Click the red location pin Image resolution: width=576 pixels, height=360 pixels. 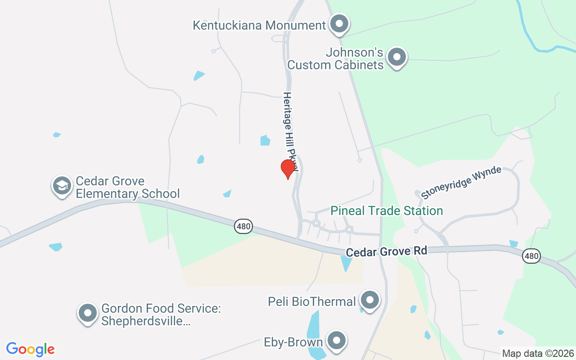coord(288,169)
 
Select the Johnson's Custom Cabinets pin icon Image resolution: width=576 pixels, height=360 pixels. coord(397,57)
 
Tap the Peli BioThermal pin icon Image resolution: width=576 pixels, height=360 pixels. coord(370,300)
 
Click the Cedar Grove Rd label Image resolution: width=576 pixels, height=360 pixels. coord(387,251)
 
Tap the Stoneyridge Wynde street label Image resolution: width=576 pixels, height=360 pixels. coord(461,182)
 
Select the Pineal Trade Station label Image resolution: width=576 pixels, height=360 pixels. coord(387,211)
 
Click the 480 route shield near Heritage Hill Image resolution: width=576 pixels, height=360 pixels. coord(243,226)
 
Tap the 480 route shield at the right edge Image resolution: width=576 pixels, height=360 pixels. coord(531,256)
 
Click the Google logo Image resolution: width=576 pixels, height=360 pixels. coord(31,349)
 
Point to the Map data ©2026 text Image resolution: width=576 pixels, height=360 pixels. coord(538,353)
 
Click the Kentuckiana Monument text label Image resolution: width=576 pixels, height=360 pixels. coord(259,25)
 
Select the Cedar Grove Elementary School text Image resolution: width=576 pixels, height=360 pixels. coord(128,188)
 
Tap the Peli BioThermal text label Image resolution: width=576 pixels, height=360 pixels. coord(312,301)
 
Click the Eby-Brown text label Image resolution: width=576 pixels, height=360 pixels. coord(293,342)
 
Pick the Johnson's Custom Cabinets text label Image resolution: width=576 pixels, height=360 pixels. coord(336,58)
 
